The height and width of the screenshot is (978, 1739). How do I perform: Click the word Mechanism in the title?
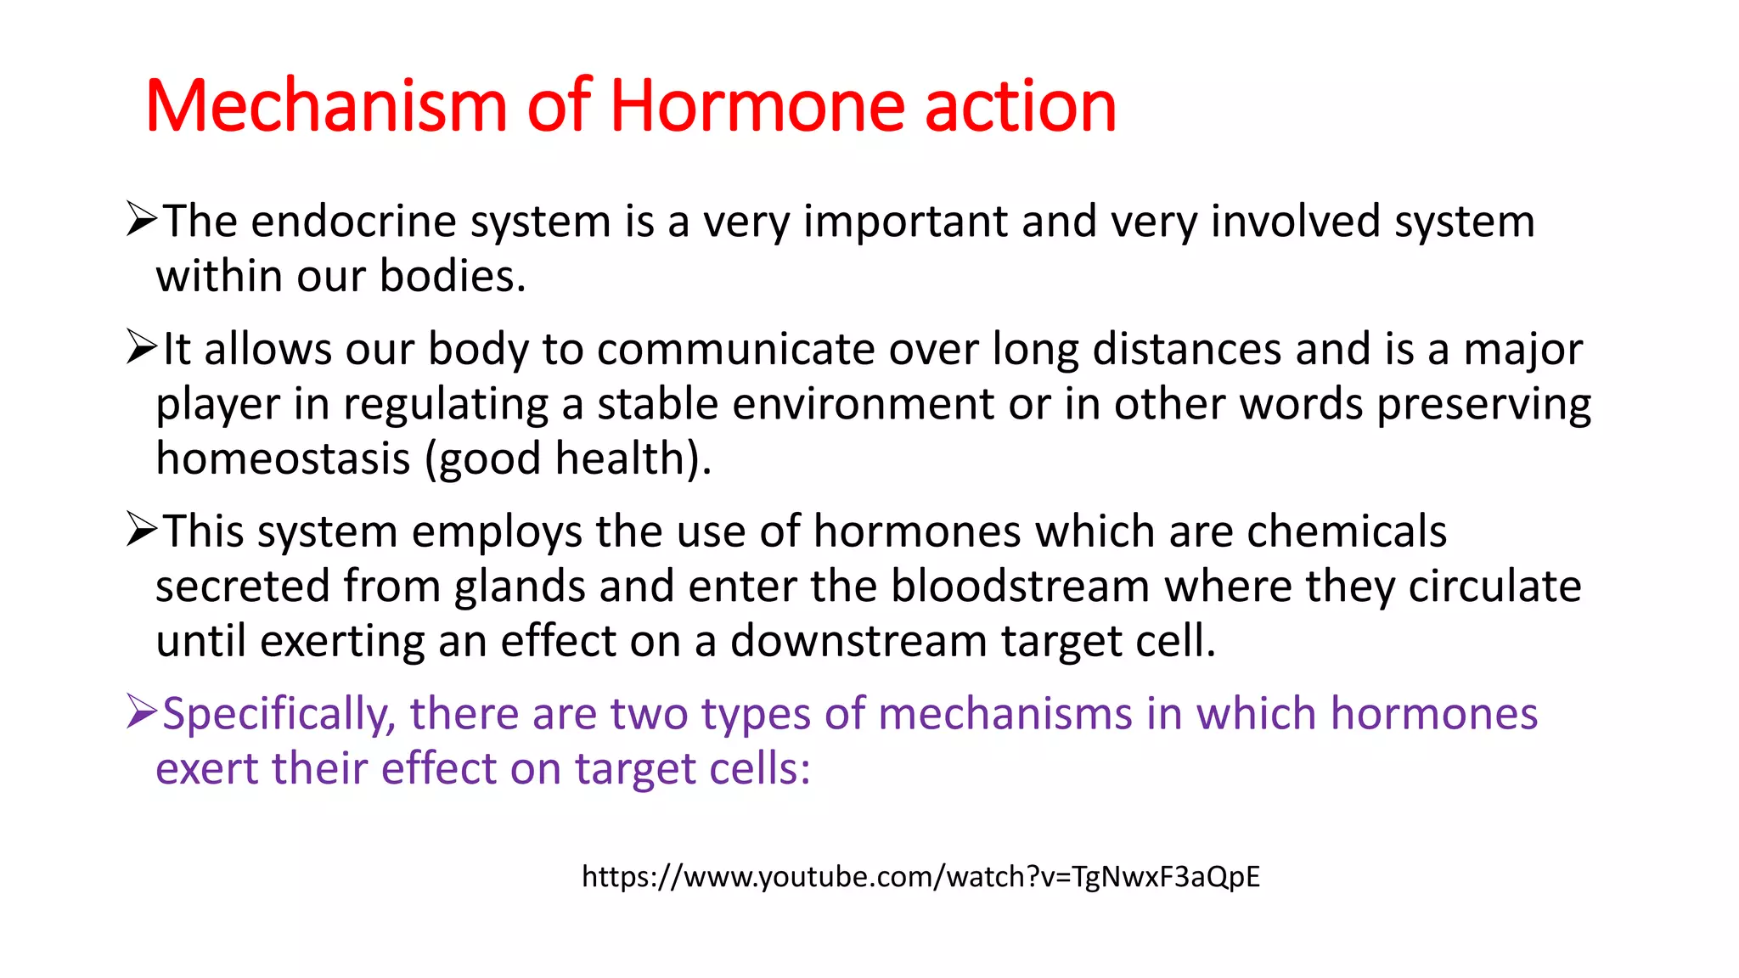[x=327, y=106]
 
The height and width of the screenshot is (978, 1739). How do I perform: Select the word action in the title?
[x=1019, y=106]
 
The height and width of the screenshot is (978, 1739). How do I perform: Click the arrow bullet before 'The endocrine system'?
[x=141, y=219]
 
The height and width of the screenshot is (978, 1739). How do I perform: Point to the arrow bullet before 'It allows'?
[x=141, y=347]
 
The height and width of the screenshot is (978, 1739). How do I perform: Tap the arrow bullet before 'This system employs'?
[x=141, y=529]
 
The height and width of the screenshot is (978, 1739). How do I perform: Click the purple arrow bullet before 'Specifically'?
[x=141, y=711]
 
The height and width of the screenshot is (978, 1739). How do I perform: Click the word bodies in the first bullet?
[x=452, y=277]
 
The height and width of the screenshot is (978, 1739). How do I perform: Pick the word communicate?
[x=735, y=349]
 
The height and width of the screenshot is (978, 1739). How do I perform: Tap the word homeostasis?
[x=284, y=458]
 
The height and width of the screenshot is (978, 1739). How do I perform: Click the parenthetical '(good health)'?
[x=567, y=459]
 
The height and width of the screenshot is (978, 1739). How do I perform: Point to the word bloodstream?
[x=1020, y=586]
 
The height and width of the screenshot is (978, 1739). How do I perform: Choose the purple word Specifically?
[x=279, y=715]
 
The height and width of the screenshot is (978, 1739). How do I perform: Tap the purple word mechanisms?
[x=1005, y=713]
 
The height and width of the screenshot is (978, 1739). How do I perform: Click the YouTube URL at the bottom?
[x=920, y=876]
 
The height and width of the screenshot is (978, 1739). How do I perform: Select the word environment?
[x=863, y=404]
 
